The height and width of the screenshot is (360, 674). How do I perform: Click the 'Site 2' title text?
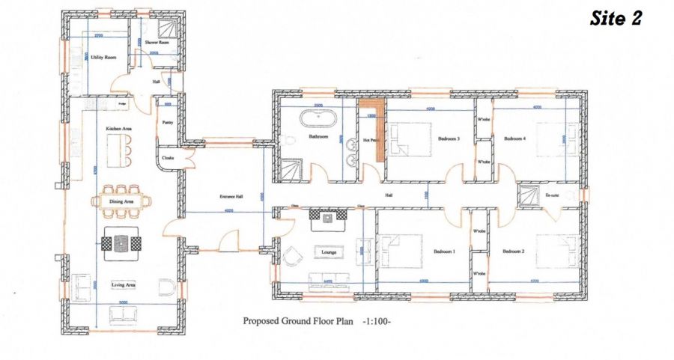click(x=616, y=19)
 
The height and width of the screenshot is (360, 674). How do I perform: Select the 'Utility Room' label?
click(x=103, y=57)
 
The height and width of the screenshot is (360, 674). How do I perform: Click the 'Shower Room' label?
click(x=157, y=43)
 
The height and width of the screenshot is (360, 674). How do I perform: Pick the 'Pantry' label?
click(x=168, y=121)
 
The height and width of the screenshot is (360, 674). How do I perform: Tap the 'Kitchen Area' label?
click(x=118, y=129)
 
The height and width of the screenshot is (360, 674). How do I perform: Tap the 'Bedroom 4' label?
click(x=515, y=138)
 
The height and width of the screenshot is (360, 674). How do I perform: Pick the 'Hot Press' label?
click(x=370, y=141)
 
